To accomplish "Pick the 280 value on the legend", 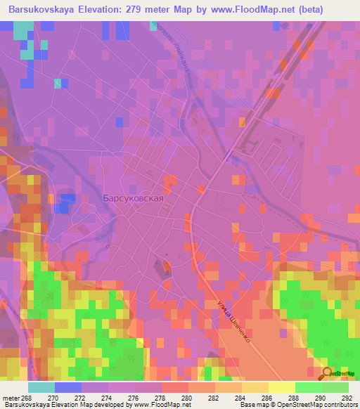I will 186,398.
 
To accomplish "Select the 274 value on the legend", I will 108,398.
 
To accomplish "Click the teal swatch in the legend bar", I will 41,387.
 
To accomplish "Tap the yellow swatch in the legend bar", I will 282,387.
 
